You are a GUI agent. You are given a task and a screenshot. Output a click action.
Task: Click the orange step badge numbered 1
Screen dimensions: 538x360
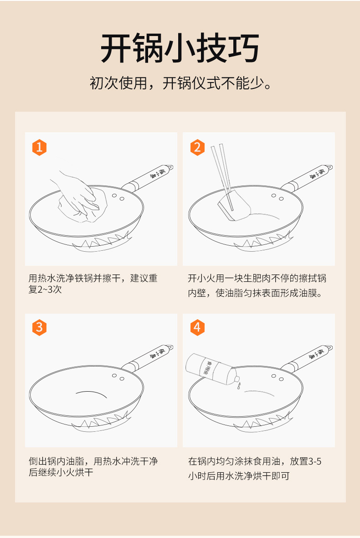point(39,147)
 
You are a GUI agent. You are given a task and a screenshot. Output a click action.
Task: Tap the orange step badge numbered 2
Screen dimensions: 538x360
point(197,147)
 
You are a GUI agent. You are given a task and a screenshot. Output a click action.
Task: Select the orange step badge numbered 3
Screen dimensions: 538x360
point(39,327)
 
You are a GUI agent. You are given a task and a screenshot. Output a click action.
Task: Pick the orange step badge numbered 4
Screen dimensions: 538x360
point(197,327)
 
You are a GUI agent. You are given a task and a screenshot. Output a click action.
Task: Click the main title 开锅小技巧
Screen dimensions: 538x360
point(180,47)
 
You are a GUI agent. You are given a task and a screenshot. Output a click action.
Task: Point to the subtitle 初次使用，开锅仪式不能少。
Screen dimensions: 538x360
point(180,83)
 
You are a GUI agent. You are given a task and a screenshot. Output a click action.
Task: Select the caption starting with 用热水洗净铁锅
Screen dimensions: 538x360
point(93,284)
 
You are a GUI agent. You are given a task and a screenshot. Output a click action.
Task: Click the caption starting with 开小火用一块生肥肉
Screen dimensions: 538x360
point(257,285)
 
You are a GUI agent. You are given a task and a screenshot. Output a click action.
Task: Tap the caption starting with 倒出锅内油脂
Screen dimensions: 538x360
point(93,466)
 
